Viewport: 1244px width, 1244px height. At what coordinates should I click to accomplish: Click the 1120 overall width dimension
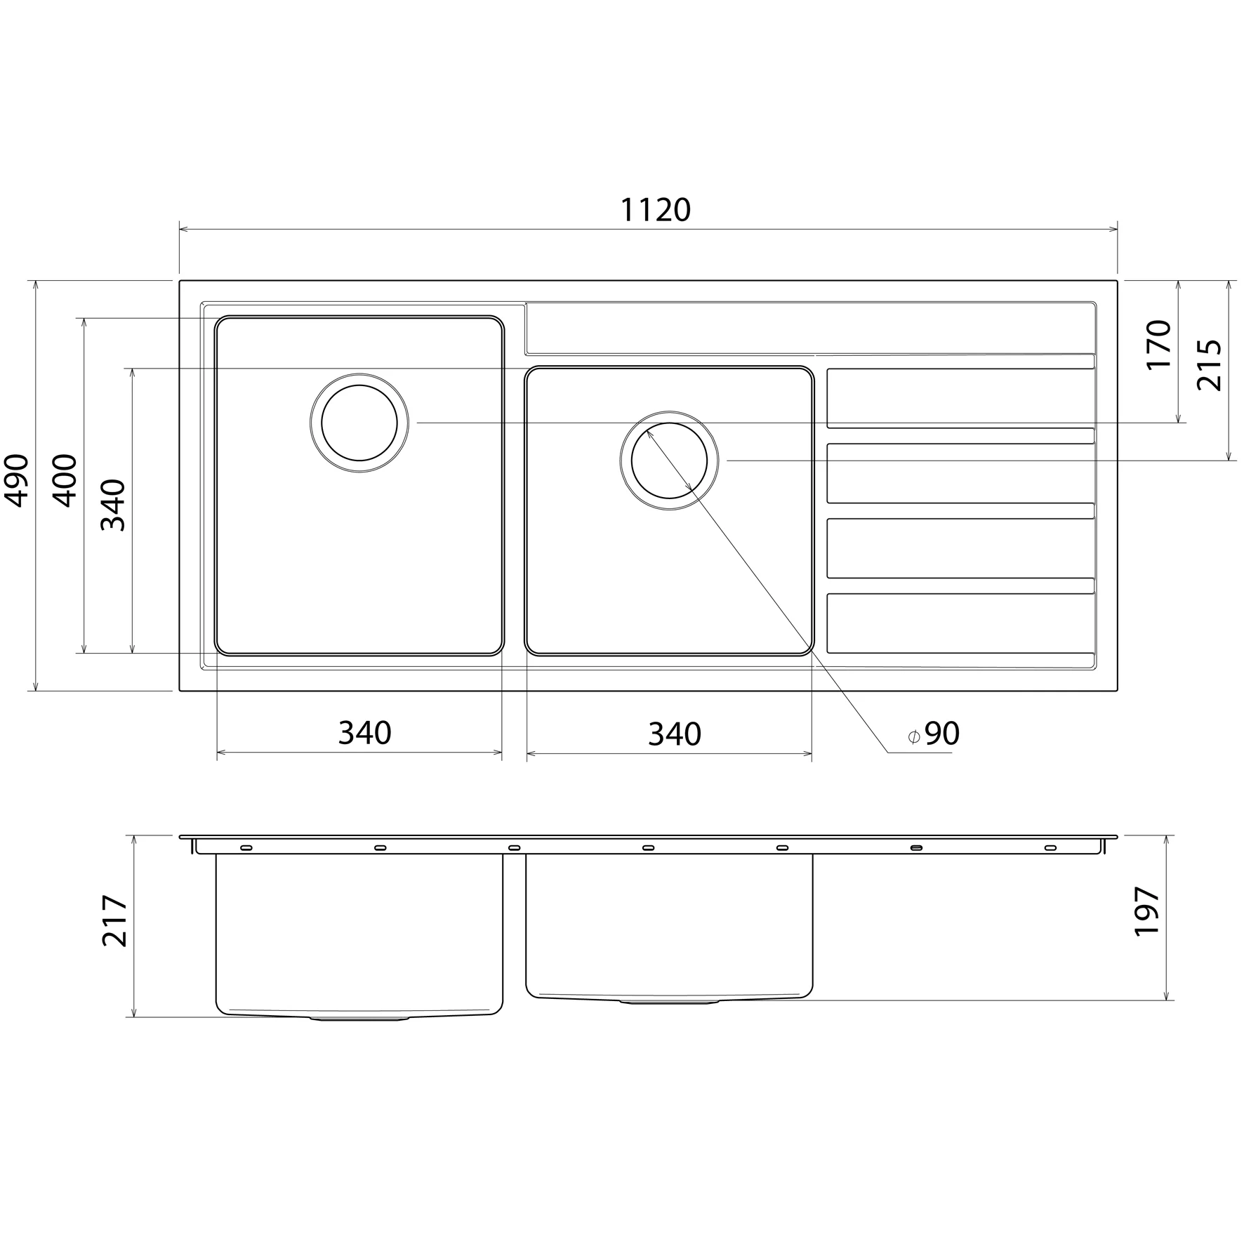[x=656, y=210]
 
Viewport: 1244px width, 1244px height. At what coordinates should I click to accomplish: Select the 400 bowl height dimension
[x=66, y=481]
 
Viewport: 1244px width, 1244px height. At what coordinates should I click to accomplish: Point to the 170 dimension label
[x=1158, y=345]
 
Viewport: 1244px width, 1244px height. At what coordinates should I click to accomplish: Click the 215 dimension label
[x=1209, y=365]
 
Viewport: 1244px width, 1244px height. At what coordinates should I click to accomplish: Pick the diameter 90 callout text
[x=934, y=734]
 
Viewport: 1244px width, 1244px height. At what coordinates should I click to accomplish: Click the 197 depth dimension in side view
[x=1147, y=911]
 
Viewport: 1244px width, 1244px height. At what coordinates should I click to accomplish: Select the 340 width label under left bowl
[x=364, y=734]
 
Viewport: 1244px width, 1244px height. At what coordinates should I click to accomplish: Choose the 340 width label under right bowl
[x=674, y=734]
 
